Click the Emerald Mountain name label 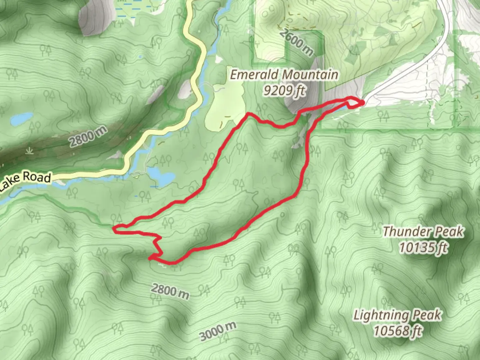[x=284, y=75]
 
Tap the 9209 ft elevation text [x=284, y=90]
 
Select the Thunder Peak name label [x=423, y=232]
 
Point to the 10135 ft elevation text [x=423, y=247]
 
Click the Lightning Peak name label [x=397, y=315]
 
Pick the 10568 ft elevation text [x=397, y=331]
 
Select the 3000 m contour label [x=218, y=331]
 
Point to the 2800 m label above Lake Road [x=88, y=136]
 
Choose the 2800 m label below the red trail [x=170, y=291]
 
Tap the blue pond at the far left [x=21, y=120]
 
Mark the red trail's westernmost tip [x=114, y=229]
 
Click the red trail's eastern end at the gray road [x=362, y=103]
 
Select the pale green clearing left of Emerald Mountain [x=223, y=107]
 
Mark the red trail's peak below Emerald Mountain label [x=248, y=114]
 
